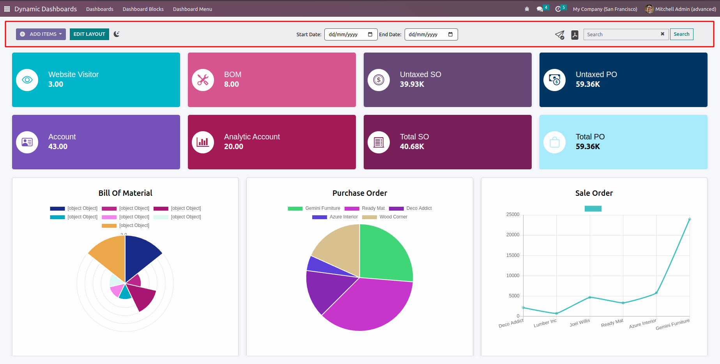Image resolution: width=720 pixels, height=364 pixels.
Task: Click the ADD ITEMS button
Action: tap(41, 34)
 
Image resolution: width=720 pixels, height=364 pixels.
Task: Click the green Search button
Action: tap(681, 34)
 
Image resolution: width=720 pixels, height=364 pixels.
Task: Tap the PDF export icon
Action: tap(575, 35)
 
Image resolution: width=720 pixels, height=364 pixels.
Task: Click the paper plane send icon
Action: tap(559, 35)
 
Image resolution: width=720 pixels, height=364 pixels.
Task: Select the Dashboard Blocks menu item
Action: tap(143, 9)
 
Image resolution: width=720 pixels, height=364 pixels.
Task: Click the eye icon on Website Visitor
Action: tap(27, 80)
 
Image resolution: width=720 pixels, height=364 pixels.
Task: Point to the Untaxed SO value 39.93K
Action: tap(412, 84)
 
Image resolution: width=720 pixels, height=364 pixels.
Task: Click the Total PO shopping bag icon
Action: tap(554, 142)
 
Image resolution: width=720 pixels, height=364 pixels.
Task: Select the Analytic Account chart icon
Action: tap(203, 142)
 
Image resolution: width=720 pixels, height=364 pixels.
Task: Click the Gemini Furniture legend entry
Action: tap(314, 208)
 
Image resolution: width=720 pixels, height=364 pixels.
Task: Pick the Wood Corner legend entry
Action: tap(385, 217)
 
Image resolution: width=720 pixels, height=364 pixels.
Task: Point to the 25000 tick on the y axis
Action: tap(513, 215)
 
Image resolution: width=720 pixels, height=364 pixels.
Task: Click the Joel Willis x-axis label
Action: tap(580, 323)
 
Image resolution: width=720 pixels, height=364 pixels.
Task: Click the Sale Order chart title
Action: tap(594, 193)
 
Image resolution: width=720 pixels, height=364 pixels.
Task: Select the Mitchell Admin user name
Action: tap(685, 9)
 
